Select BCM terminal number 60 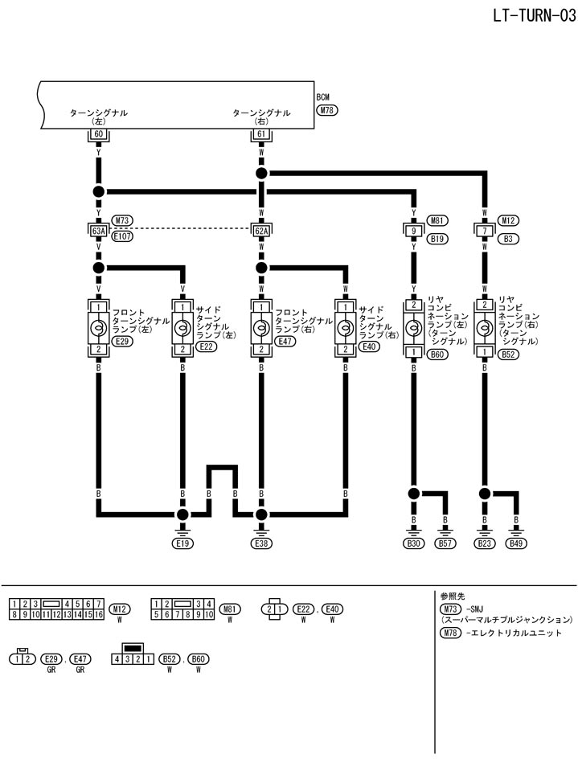pos(99,134)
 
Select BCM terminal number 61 pos(260,134)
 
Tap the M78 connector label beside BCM pos(328,110)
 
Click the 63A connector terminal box pos(99,232)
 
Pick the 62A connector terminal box pos(260,232)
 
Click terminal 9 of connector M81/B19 pos(414,232)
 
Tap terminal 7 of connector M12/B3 pos(485,232)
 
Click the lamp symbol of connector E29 pos(99,327)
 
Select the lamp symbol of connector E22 pos(182,327)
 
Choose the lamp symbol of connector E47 pos(260,327)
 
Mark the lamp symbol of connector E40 pos(345,327)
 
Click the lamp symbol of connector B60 pos(414,327)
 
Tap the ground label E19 pos(182,543)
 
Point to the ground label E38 pos(260,543)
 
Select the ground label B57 pos(445,543)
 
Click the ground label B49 pos(515,543)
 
